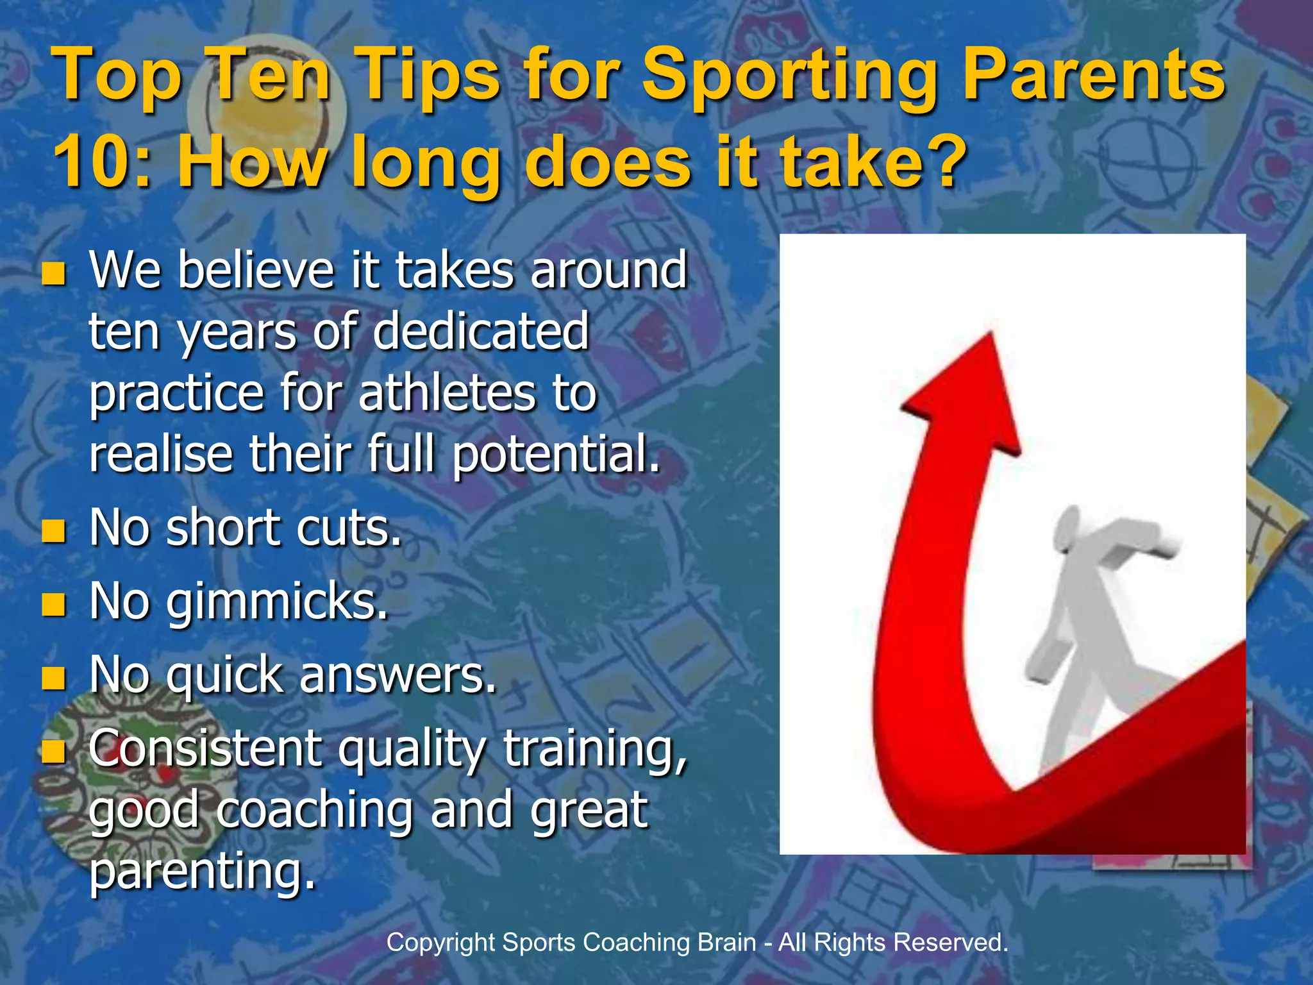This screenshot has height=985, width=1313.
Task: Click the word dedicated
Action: pos(481,331)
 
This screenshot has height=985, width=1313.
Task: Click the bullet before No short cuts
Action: pos(54,531)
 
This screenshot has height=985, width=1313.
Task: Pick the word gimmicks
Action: pos(277,603)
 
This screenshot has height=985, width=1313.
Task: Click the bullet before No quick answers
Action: pos(54,678)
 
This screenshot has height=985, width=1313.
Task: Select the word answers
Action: pos(397,676)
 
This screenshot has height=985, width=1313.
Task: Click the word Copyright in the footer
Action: pos(441,943)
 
